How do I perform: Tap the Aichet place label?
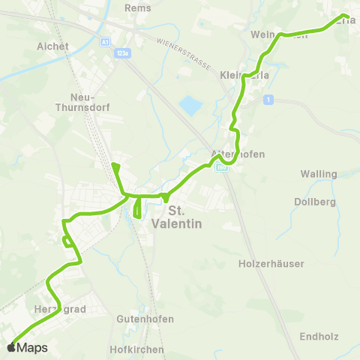pyautogui.click(x=52, y=46)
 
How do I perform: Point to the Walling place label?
pyautogui.click(x=318, y=174)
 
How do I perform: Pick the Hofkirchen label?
pyautogui.click(x=136, y=349)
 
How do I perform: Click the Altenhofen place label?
pyautogui.click(x=238, y=154)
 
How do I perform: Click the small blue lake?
pyautogui.click(x=190, y=106)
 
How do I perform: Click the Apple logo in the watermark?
pyautogui.click(x=11, y=348)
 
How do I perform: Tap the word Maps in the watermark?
pyautogui.click(x=32, y=348)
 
